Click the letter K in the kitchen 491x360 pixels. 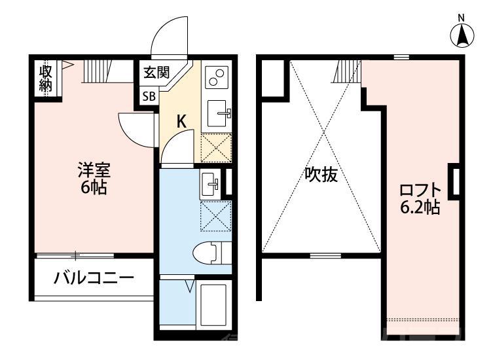coord(182,121)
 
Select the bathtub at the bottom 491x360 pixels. coord(213,304)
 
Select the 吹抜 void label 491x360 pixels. coord(321,175)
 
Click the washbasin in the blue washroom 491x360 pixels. coord(210,183)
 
